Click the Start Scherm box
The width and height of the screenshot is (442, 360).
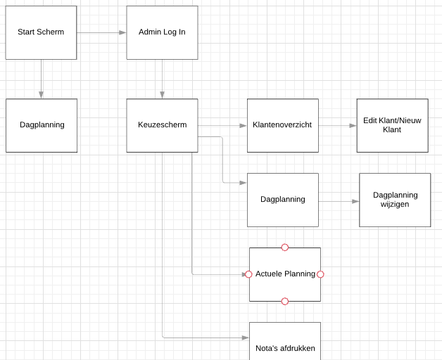tap(41, 32)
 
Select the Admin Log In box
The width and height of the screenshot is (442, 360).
tap(162, 32)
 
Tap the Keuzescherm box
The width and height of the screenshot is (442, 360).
tap(162, 125)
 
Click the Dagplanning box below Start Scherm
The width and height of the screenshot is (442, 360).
tap(42, 125)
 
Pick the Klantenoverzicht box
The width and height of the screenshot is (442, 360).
tap(282, 125)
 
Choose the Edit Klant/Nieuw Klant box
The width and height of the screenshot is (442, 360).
tap(392, 125)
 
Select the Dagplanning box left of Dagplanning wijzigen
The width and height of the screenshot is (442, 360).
tap(282, 200)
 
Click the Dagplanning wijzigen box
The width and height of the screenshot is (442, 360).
tap(395, 200)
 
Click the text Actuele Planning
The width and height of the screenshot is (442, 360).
tap(285, 274)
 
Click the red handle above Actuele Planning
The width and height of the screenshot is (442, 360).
tap(285, 247)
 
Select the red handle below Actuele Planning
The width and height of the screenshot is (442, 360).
tap(285, 301)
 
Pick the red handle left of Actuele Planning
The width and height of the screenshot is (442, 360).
tap(248, 274)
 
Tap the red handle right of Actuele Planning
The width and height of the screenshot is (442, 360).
tap(321, 274)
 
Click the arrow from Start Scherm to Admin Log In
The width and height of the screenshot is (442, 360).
tap(101, 32)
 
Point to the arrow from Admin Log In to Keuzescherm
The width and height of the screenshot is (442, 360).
tap(162, 79)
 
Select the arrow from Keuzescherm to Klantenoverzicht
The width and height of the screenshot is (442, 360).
tap(222, 126)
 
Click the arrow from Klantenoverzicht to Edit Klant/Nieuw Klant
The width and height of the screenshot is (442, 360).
tap(338, 126)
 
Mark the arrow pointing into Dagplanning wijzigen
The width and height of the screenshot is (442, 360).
tap(339, 201)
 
